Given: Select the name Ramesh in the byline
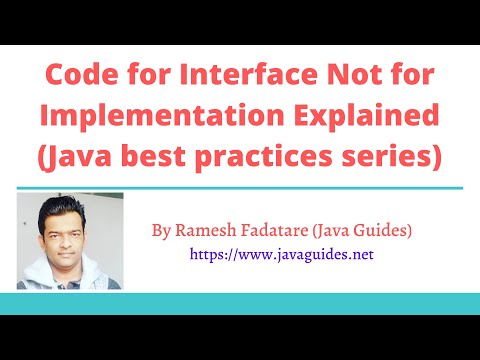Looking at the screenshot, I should pos(199,231).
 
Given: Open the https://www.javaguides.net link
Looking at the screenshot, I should pos(281,255).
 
